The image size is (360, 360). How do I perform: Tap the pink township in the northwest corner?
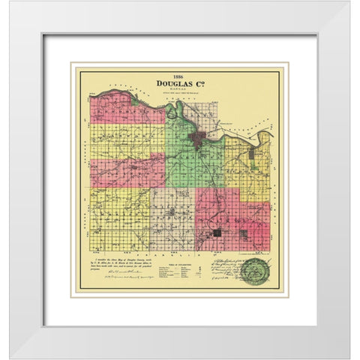120,109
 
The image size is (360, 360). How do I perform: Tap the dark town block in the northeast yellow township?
251,153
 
